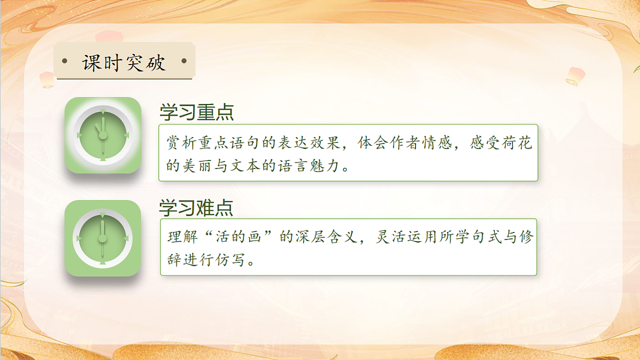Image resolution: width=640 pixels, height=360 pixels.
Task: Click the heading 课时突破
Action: pos(124,62)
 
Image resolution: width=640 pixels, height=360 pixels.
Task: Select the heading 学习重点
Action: pos(196,113)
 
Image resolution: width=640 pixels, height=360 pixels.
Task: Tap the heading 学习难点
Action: pos(196,207)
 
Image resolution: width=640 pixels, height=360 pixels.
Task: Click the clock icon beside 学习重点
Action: pos(103,135)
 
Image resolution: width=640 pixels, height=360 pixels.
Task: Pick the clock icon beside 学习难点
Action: pos(103,238)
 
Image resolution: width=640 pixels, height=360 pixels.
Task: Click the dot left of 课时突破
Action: pos(65,61)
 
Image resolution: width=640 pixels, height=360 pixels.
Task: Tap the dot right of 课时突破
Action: pos(184,61)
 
